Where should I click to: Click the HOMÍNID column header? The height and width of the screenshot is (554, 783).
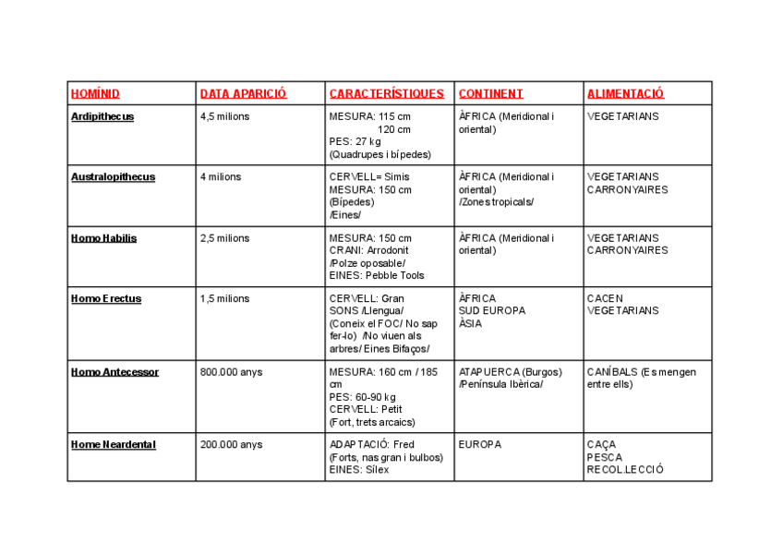95,94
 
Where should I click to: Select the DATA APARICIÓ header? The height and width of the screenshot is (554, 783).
244,94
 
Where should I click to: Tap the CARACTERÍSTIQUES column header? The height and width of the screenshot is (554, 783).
386,94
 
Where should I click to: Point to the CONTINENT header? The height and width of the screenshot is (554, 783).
490,94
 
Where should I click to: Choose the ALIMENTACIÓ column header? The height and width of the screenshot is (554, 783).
625,94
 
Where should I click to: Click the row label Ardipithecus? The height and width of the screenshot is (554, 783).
102,117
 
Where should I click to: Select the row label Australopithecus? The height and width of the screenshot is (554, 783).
113,177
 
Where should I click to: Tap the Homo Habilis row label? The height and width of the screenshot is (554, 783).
103,238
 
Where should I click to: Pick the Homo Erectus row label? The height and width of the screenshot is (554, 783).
106,299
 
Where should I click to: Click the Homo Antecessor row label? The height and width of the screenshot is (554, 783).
114,372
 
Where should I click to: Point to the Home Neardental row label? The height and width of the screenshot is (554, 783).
114,445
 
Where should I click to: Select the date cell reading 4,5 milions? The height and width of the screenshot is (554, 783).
224,117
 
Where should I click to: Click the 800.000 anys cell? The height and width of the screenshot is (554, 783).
231,372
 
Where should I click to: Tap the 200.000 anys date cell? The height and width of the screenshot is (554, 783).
231,445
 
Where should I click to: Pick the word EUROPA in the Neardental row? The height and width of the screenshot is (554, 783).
480,445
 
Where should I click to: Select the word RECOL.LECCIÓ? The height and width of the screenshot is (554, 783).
625,470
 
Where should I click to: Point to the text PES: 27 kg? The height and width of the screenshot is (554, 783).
355,142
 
